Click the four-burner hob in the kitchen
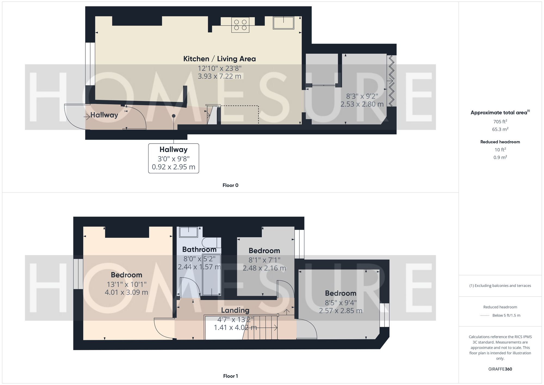(240, 25)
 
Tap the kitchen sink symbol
(283, 23)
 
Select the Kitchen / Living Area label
(220, 59)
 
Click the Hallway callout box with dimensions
(174, 158)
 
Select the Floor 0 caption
(230, 185)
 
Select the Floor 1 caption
(230, 376)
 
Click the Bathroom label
(199, 250)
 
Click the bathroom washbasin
(188, 232)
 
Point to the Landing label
(235, 310)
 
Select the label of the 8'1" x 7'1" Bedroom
(264, 251)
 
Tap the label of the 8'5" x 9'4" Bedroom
(341, 293)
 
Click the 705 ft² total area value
(500, 122)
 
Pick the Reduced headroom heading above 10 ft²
(500, 142)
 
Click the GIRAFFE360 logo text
(500, 369)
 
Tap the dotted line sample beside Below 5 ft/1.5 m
(485, 316)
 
